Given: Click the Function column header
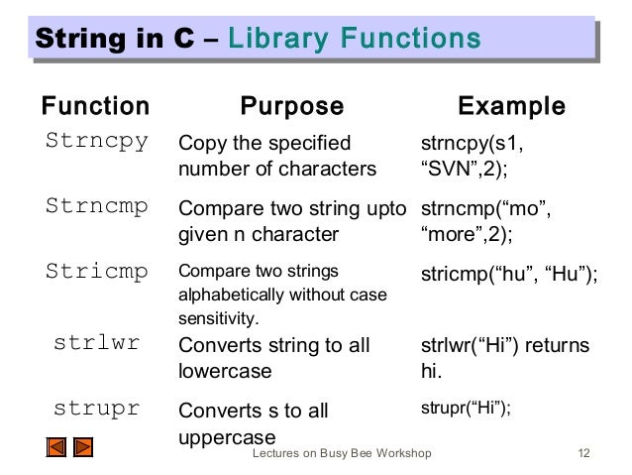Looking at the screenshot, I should tap(93, 106).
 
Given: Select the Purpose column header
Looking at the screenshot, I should tap(293, 106).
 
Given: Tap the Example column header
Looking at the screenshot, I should tap(509, 106).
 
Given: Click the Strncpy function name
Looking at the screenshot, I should tap(97, 141).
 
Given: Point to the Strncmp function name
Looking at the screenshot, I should tap(97, 207).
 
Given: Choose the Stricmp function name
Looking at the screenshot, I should tap(97, 272).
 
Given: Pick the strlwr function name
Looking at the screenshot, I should tap(97, 344).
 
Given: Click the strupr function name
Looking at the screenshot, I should tap(97, 409).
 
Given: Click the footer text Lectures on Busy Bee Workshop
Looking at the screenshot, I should tap(342, 454).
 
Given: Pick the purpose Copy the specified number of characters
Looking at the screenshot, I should tap(276, 156).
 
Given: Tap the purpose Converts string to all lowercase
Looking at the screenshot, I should tap(272, 357).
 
